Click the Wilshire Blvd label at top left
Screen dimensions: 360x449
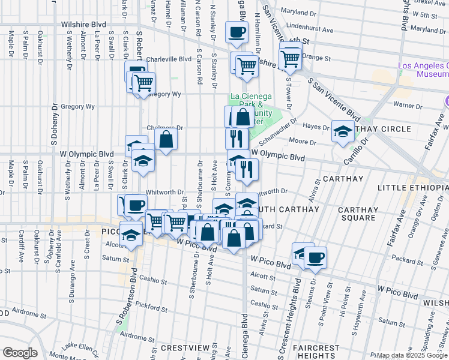pos(83,25)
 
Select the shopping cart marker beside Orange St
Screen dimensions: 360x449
pos(291,58)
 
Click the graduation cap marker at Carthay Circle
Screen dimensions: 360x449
pos(343,132)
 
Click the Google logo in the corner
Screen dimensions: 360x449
pos(20,352)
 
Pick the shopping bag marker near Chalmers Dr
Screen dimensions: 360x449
pos(166,139)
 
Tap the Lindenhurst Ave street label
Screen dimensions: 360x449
pos(310,29)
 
